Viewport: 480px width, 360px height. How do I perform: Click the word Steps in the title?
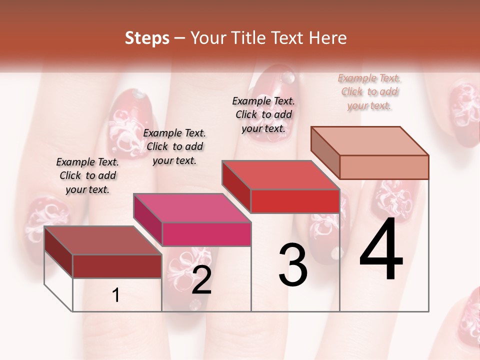tap(147, 38)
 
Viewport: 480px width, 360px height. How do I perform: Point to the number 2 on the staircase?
tap(201, 280)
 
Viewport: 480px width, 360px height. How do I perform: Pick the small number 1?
tap(116, 295)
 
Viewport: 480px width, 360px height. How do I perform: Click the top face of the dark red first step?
tap(102, 240)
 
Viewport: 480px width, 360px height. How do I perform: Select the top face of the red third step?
tap(280, 175)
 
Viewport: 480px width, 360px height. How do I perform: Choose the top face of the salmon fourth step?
tap(370, 141)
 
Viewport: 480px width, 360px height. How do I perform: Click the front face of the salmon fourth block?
tap(384, 167)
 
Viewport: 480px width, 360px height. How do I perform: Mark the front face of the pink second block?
tap(206, 234)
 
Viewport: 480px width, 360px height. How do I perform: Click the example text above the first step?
tap(87, 175)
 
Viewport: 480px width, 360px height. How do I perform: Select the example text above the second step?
tap(174, 146)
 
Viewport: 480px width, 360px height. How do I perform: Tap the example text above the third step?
tap(263, 114)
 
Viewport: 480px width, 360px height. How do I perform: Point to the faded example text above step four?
tap(369, 91)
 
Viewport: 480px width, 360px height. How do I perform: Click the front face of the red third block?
tap(295, 201)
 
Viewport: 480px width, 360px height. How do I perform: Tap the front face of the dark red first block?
tap(117, 266)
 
